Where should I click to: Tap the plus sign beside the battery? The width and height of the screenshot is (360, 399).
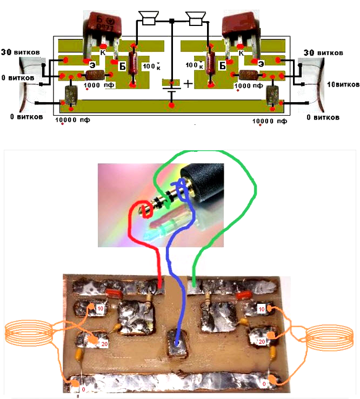[188, 84]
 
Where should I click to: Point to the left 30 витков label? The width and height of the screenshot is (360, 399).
[20, 51]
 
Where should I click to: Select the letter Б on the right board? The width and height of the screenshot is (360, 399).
[221, 65]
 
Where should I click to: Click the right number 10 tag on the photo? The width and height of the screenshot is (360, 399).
[261, 308]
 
